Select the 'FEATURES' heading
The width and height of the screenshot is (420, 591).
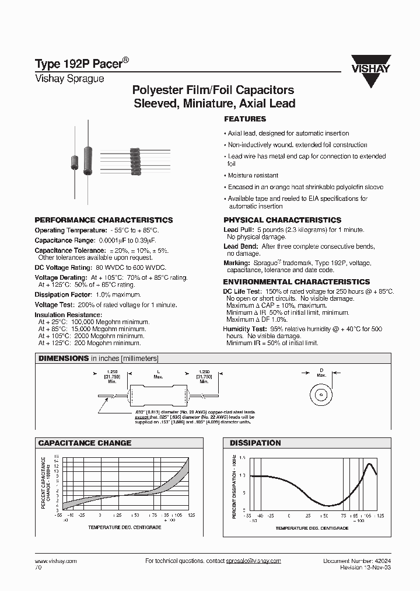(245, 119)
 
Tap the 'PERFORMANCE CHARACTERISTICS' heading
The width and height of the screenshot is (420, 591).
(104, 220)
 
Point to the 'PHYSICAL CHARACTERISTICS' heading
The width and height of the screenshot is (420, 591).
(282, 220)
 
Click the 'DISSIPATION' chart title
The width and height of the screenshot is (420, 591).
(255, 443)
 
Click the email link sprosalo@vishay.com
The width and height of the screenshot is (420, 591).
(253, 561)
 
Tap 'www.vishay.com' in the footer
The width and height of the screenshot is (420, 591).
(56, 561)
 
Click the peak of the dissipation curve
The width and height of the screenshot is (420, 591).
(370, 464)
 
